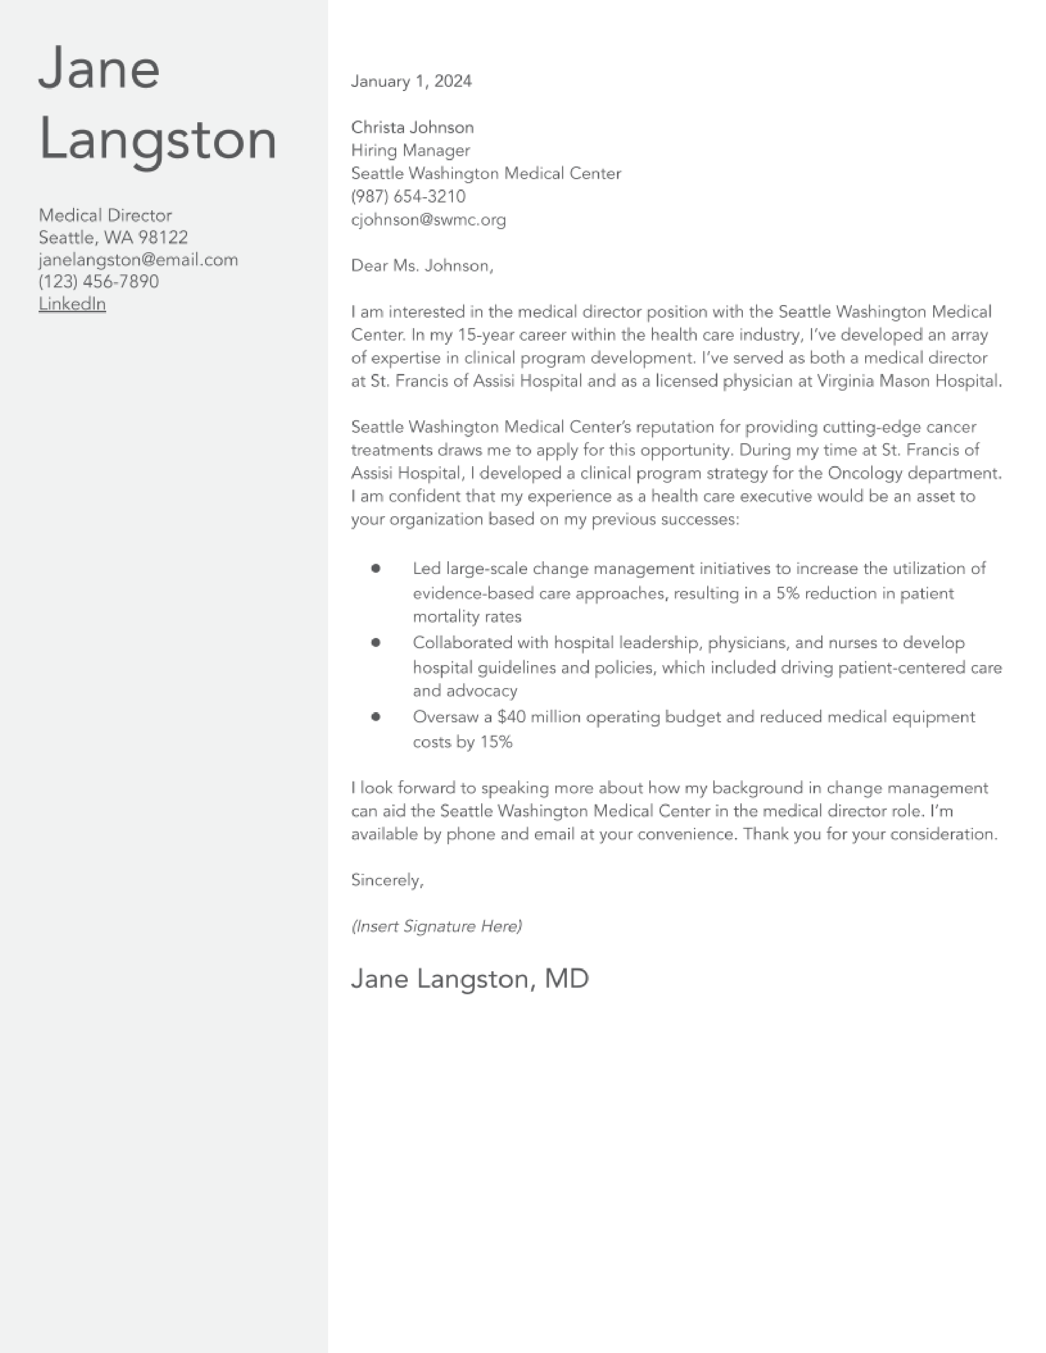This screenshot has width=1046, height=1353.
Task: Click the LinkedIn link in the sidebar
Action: point(72,303)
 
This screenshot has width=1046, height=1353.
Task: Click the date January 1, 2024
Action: point(411,81)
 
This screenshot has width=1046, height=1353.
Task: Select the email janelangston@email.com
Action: point(138,260)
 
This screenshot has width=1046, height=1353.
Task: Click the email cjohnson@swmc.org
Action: point(428,219)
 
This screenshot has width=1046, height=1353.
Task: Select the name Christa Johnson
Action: point(412,127)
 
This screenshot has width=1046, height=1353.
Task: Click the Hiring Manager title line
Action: point(410,150)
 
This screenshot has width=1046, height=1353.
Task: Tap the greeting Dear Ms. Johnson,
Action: point(422,265)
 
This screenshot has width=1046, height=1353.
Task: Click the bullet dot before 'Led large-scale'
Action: point(375,568)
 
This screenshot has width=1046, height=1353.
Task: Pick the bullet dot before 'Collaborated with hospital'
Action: point(375,642)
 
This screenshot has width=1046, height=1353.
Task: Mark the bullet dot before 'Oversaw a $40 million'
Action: point(375,717)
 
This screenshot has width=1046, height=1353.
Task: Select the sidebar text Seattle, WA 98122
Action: point(113,237)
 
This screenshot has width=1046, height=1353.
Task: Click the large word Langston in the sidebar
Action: point(158,141)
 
